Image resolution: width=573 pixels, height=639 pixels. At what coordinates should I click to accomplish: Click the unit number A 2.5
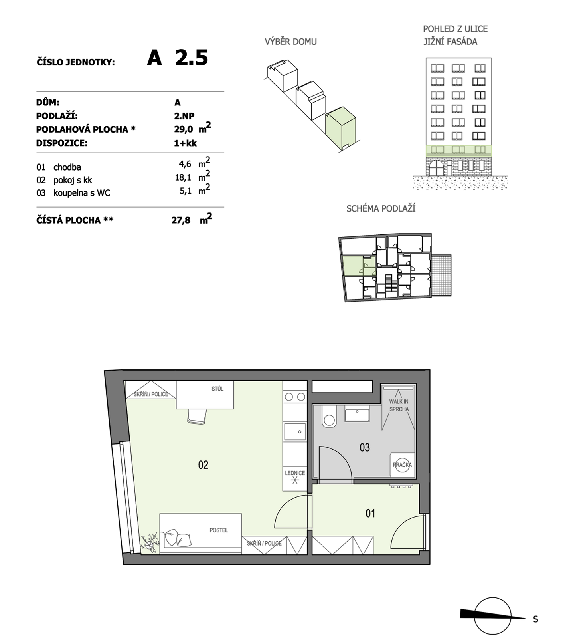178,58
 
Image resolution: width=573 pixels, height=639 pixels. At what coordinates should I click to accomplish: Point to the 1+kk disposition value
185,143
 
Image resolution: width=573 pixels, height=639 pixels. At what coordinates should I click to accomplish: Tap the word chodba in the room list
67,167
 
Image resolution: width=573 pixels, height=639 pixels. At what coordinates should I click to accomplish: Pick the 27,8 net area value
181,220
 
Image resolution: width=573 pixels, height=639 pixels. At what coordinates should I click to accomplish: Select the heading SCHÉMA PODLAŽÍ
381,208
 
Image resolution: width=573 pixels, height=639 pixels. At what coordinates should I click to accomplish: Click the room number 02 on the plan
203,465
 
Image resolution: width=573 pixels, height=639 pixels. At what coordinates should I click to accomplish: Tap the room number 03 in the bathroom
365,447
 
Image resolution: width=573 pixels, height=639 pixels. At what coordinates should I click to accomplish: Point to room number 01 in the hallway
370,513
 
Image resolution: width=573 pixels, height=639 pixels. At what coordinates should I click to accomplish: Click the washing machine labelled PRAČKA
402,465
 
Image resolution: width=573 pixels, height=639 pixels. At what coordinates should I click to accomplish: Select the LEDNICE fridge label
295,473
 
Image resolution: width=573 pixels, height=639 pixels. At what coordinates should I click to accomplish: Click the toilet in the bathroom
329,418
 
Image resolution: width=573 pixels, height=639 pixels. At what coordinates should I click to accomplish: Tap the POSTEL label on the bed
219,530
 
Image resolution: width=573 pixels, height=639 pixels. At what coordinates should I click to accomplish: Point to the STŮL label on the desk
217,389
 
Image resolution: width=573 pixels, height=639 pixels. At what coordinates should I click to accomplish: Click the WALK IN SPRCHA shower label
399,405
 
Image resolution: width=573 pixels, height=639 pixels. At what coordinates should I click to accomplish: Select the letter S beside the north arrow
535,619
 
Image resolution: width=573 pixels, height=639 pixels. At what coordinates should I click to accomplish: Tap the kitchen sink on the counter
295,431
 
